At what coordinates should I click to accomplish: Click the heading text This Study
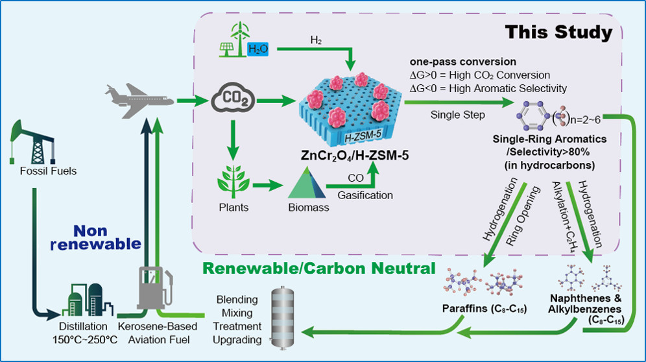[x=558, y=32]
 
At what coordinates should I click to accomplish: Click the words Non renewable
[x=106, y=237]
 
